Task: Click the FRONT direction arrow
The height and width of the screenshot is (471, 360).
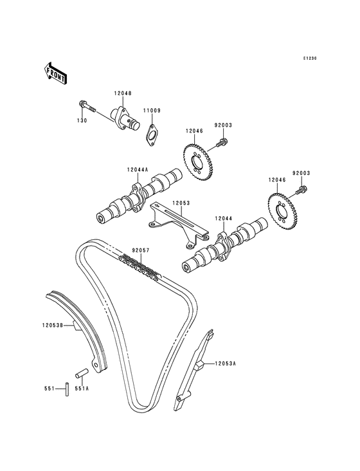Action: pyautogui.click(x=55, y=73)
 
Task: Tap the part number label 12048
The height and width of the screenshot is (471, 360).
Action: pyautogui.click(x=123, y=93)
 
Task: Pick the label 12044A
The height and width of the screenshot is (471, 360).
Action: pyautogui.click(x=138, y=170)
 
